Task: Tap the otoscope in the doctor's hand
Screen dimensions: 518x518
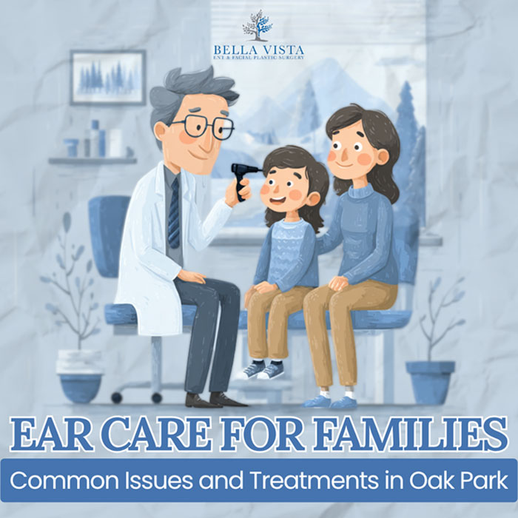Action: click(x=243, y=177)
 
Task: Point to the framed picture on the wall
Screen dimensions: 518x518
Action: click(x=108, y=76)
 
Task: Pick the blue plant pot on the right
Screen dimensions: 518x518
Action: click(x=430, y=382)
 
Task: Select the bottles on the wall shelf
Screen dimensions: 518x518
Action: click(x=96, y=140)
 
